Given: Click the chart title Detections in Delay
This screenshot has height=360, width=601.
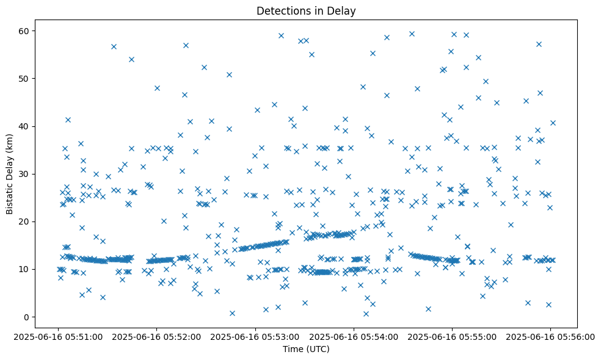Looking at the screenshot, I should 306,11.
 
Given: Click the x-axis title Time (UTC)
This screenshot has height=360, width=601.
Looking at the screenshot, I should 306,349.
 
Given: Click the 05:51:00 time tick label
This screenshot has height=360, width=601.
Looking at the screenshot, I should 58,336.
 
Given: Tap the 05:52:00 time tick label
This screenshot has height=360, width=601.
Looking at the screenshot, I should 156,336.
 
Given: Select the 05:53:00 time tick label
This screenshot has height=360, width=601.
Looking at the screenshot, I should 255,336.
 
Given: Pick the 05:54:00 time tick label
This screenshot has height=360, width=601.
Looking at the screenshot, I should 354,336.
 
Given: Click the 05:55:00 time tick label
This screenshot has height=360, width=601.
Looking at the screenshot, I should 452,336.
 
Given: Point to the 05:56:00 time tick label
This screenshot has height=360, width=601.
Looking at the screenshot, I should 550,336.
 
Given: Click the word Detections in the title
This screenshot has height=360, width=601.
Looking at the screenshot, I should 281,11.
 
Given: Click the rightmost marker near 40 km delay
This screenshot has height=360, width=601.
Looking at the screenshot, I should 553,123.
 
